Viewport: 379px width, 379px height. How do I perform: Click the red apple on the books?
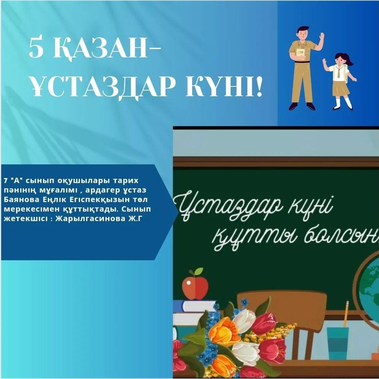click(195, 287)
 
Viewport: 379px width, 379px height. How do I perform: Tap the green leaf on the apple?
click(199, 271)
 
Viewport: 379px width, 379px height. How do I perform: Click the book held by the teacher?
click(301, 55)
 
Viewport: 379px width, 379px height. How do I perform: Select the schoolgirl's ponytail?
click(349, 61)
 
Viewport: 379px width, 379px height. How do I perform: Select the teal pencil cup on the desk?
click(338, 344)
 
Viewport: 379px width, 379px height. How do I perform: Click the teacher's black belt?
click(301, 62)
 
